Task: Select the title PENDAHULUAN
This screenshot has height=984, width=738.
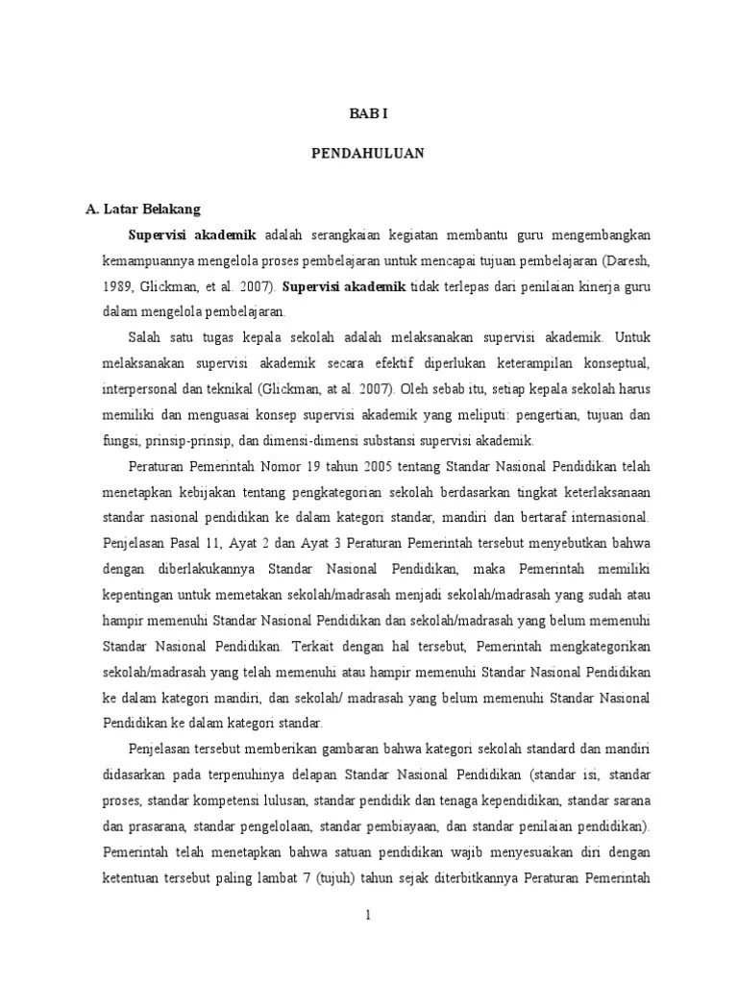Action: (368, 154)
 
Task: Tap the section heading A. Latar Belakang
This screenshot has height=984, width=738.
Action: (142, 207)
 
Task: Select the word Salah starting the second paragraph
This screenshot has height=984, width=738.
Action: (145, 338)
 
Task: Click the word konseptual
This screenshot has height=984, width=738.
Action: (616, 364)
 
